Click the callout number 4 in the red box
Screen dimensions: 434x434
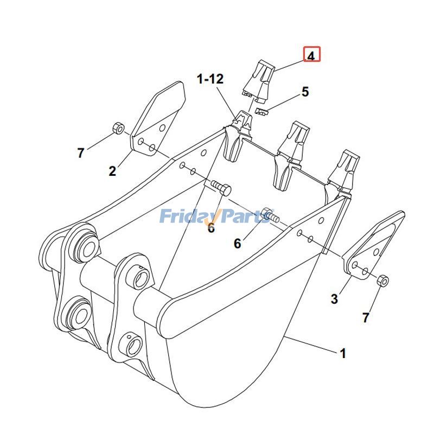tap(311, 56)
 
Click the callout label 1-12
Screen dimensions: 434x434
tap(210, 79)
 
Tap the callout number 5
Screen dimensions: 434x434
tap(305, 92)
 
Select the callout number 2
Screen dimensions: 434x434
tap(112, 171)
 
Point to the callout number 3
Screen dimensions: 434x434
tap(334, 299)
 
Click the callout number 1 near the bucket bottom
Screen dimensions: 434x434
tap(343, 353)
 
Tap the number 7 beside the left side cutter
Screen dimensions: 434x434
tap(80, 153)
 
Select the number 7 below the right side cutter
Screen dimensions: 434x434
tap(366, 318)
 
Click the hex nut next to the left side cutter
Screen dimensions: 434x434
tap(118, 127)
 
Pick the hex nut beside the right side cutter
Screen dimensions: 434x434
tap(383, 280)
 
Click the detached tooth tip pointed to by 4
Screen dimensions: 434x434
tap(258, 80)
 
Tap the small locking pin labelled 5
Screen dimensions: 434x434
tap(262, 111)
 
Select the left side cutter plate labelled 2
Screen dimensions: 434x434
tap(156, 119)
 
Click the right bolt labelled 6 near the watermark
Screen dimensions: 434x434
tap(270, 214)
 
